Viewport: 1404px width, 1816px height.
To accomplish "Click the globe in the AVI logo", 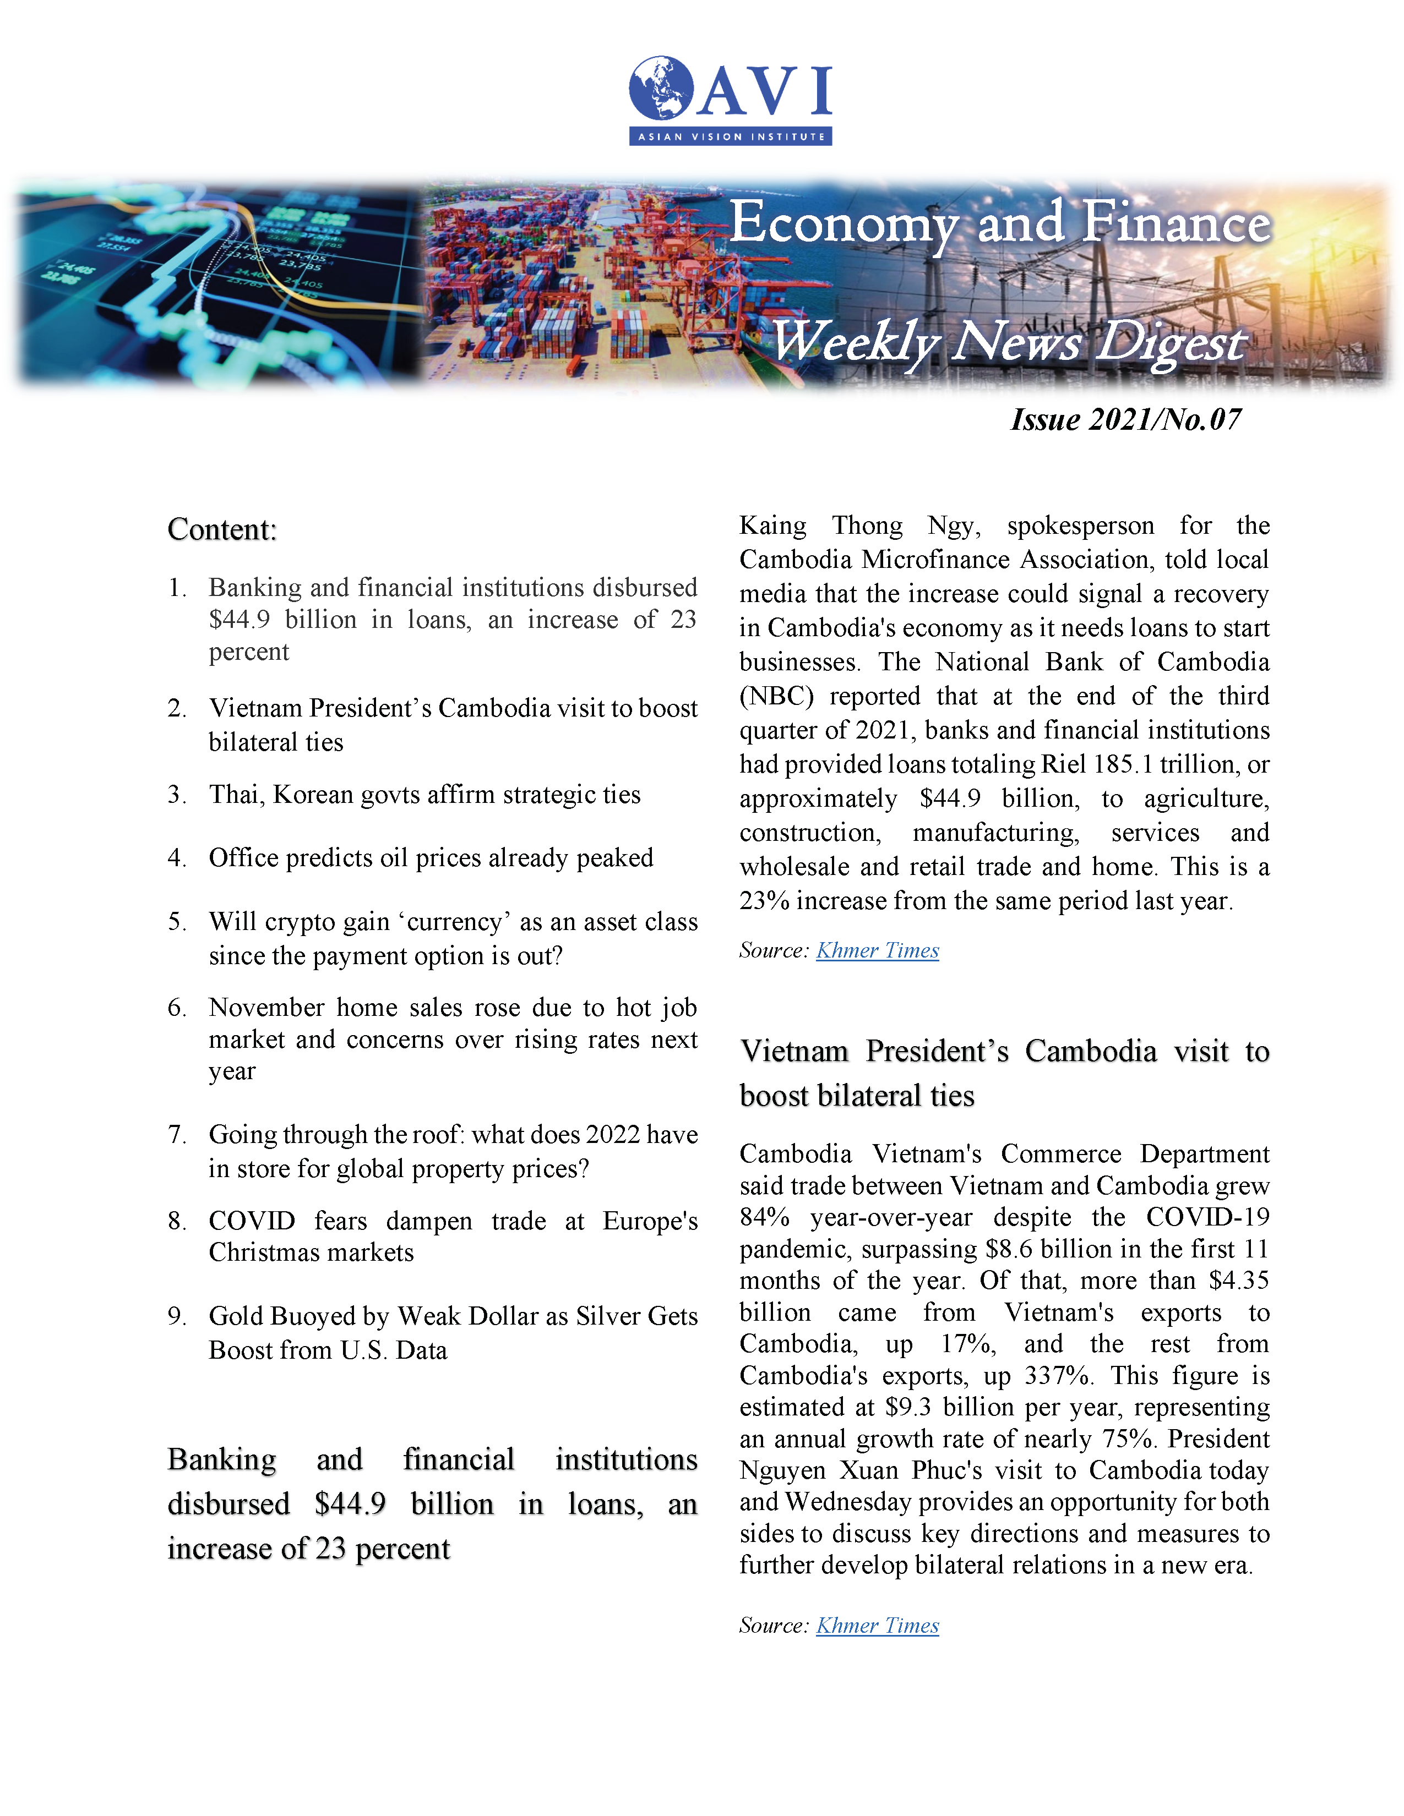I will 661,87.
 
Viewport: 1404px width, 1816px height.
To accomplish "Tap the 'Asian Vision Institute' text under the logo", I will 730,136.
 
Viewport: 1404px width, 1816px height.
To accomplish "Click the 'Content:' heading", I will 222,529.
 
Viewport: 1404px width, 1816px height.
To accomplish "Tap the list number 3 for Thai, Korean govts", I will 176,795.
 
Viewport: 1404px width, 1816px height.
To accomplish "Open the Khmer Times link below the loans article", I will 878,950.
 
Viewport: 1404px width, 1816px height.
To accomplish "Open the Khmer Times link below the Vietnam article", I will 878,1626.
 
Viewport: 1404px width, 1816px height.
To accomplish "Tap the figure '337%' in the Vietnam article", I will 1057,1375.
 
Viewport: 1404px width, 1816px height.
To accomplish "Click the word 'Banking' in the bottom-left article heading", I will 222,1460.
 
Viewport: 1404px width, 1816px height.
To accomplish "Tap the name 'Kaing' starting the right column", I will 772,526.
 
